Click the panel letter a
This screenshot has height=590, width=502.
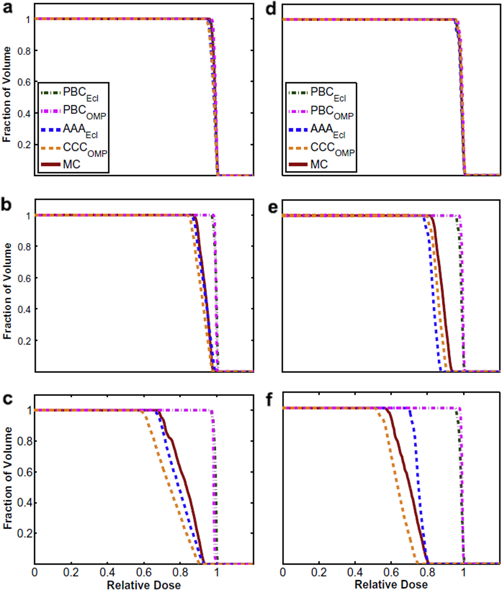(7, 9)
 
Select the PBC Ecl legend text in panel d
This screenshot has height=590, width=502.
(328, 93)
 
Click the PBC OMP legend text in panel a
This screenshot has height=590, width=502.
(84, 111)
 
